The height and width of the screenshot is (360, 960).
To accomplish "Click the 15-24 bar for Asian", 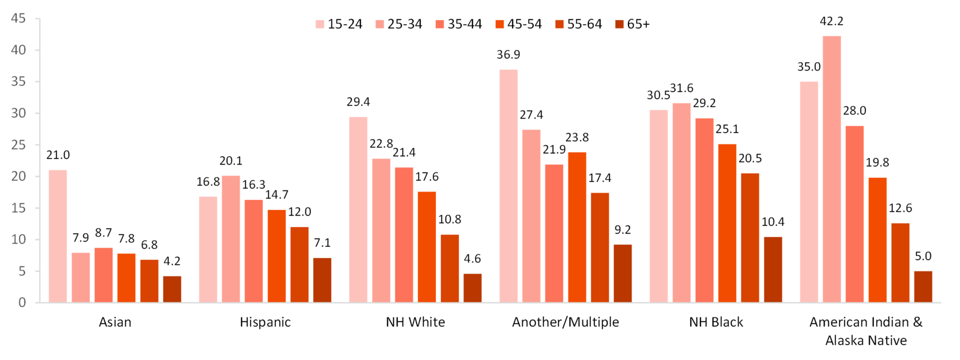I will pos(57,236).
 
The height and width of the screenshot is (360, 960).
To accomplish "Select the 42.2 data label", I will pos(831,21).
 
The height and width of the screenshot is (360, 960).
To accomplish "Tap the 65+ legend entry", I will pos(632,24).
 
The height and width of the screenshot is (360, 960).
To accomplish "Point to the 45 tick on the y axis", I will pos(18,18).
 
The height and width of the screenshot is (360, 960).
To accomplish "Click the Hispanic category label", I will pos(265,322).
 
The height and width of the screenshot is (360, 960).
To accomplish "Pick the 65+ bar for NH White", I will pos(472,288).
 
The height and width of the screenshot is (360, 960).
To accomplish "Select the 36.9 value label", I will pos(508,55).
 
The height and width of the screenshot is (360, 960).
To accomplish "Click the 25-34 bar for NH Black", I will pos(681,202).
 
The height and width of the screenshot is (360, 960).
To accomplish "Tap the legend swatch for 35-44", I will pos(440,24).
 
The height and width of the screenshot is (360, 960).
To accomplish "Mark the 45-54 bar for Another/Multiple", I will pos(577,227).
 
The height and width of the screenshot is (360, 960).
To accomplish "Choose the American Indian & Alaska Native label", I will pos(866,331).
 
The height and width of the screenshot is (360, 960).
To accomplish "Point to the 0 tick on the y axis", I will pos(22,302).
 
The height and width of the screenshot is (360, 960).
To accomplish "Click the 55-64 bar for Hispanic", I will pos(299,264).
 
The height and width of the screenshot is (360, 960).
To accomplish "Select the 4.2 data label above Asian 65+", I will pos(172,261).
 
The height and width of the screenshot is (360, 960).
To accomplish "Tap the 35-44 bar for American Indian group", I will pos(854,214).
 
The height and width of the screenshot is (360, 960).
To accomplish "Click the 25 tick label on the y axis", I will pos(18,145).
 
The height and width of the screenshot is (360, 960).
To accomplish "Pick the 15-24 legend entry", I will pos(339,24).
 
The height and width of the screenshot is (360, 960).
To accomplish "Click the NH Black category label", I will pos(716,322).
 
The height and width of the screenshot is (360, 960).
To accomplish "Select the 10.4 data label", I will pos(773,222).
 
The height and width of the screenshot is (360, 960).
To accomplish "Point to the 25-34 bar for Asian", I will pos(80,277).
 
